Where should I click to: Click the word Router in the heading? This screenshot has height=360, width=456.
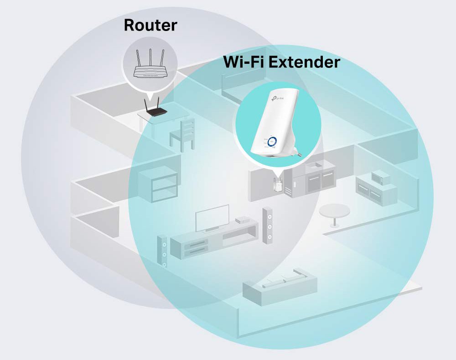pyautogui.click(x=150, y=25)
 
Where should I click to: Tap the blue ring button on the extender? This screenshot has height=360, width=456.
pyautogui.click(x=273, y=141)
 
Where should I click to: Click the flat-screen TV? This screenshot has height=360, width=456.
pyautogui.click(x=212, y=218)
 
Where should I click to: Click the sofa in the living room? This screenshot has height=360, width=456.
pyautogui.click(x=280, y=284)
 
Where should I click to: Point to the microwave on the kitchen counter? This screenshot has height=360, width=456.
pyautogui.click(x=380, y=177)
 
